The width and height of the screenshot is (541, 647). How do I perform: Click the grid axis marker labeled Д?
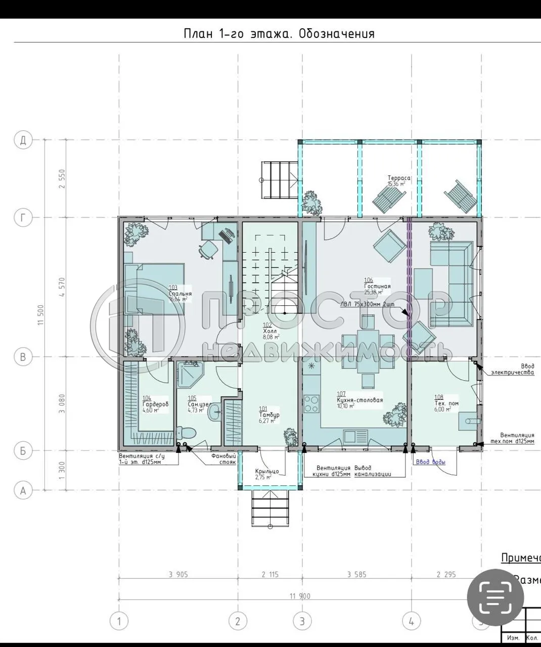pos(23,140)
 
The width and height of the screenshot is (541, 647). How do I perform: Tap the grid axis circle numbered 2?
pos(237,621)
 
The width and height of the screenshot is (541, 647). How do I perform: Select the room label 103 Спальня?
pos(179,293)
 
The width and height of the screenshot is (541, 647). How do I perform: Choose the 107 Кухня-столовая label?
pos(359,399)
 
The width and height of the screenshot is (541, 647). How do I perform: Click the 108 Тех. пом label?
pos(446,403)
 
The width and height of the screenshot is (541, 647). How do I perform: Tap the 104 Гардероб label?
pos(155,404)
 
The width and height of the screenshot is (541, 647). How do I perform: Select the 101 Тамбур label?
pos(268,414)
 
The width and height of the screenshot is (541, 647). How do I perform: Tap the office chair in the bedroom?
pos(207,249)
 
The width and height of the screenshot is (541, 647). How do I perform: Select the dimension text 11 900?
pos(300,596)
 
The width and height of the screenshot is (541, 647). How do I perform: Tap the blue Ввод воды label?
pos(431,462)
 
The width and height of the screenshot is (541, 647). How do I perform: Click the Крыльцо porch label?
pos(267,474)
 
